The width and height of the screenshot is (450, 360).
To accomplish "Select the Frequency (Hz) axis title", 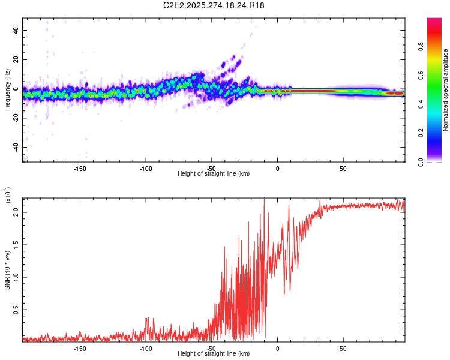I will point(7,90).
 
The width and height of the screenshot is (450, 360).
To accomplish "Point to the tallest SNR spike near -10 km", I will point(264,200).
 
